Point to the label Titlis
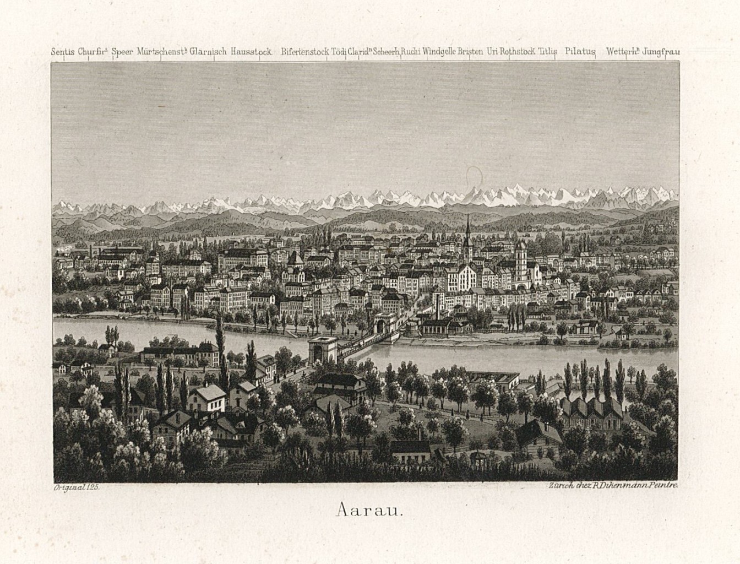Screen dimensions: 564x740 click(x=548, y=52)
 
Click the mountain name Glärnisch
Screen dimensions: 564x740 click(x=208, y=52)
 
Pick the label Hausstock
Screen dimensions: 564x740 click(x=251, y=52)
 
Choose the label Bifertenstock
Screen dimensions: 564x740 click(x=305, y=52)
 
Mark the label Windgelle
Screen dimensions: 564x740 click(x=439, y=52)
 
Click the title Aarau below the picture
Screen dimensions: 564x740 click(x=369, y=510)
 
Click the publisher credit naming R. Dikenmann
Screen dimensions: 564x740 click(x=612, y=486)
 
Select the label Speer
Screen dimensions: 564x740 click(x=122, y=52)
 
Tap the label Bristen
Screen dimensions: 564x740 click(x=471, y=52)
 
